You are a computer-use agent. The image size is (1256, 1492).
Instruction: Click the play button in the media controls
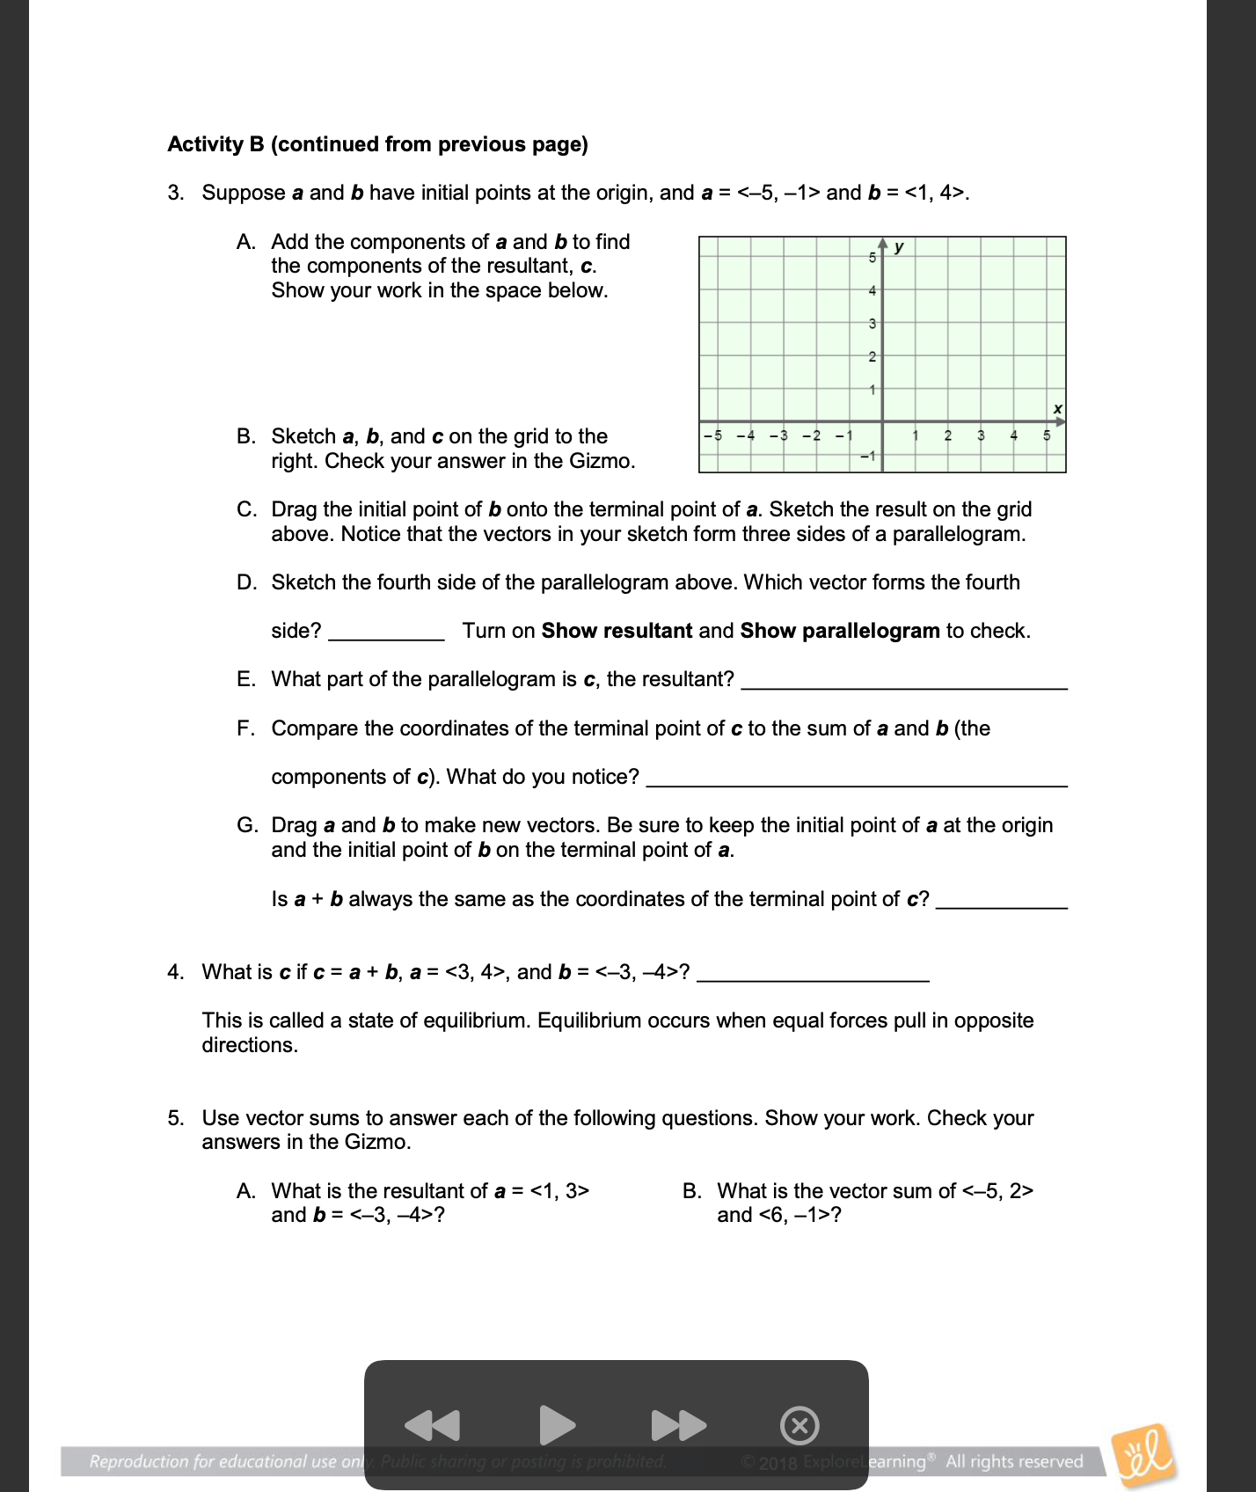click(x=556, y=1425)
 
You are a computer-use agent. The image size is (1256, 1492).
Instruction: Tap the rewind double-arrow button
click(x=432, y=1425)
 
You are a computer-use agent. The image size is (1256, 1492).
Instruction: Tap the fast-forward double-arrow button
click(x=678, y=1425)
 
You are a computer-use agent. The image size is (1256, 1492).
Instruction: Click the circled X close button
click(x=800, y=1425)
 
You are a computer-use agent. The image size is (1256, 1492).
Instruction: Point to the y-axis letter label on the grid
click(x=899, y=247)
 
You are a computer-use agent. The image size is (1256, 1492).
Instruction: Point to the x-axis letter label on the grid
click(x=1057, y=409)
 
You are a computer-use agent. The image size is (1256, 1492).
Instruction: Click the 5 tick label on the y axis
click(x=872, y=258)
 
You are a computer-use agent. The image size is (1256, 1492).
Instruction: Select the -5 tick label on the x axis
click(x=713, y=435)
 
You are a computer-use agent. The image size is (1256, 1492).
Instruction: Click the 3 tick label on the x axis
click(x=981, y=435)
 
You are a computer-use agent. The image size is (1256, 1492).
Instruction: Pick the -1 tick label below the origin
click(x=867, y=456)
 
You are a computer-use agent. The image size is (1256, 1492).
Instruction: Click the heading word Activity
click(x=205, y=144)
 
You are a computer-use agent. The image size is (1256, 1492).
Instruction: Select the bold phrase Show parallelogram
click(x=839, y=631)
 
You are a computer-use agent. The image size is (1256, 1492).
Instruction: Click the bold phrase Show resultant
click(x=617, y=631)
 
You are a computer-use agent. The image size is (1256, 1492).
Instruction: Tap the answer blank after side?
click(x=386, y=633)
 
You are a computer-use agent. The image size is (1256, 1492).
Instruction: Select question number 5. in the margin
click(x=176, y=1118)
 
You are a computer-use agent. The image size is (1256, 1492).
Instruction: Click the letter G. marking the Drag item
click(x=247, y=825)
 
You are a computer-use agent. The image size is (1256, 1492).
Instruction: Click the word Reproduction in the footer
click(x=139, y=1461)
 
